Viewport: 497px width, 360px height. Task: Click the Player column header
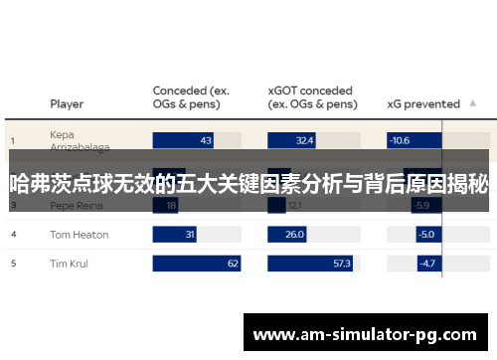click(67, 103)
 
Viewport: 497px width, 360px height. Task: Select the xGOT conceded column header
click(312, 96)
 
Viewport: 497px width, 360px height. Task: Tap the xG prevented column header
click(422, 103)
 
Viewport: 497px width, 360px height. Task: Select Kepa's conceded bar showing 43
click(184, 141)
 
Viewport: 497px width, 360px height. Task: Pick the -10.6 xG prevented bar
click(401, 141)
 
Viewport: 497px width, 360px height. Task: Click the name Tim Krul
click(70, 265)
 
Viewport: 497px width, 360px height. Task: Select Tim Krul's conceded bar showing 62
click(198, 265)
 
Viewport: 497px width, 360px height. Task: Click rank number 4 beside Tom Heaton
click(13, 235)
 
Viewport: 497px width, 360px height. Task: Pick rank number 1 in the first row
click(13, 141)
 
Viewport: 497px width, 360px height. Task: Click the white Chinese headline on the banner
click(248, 183)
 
